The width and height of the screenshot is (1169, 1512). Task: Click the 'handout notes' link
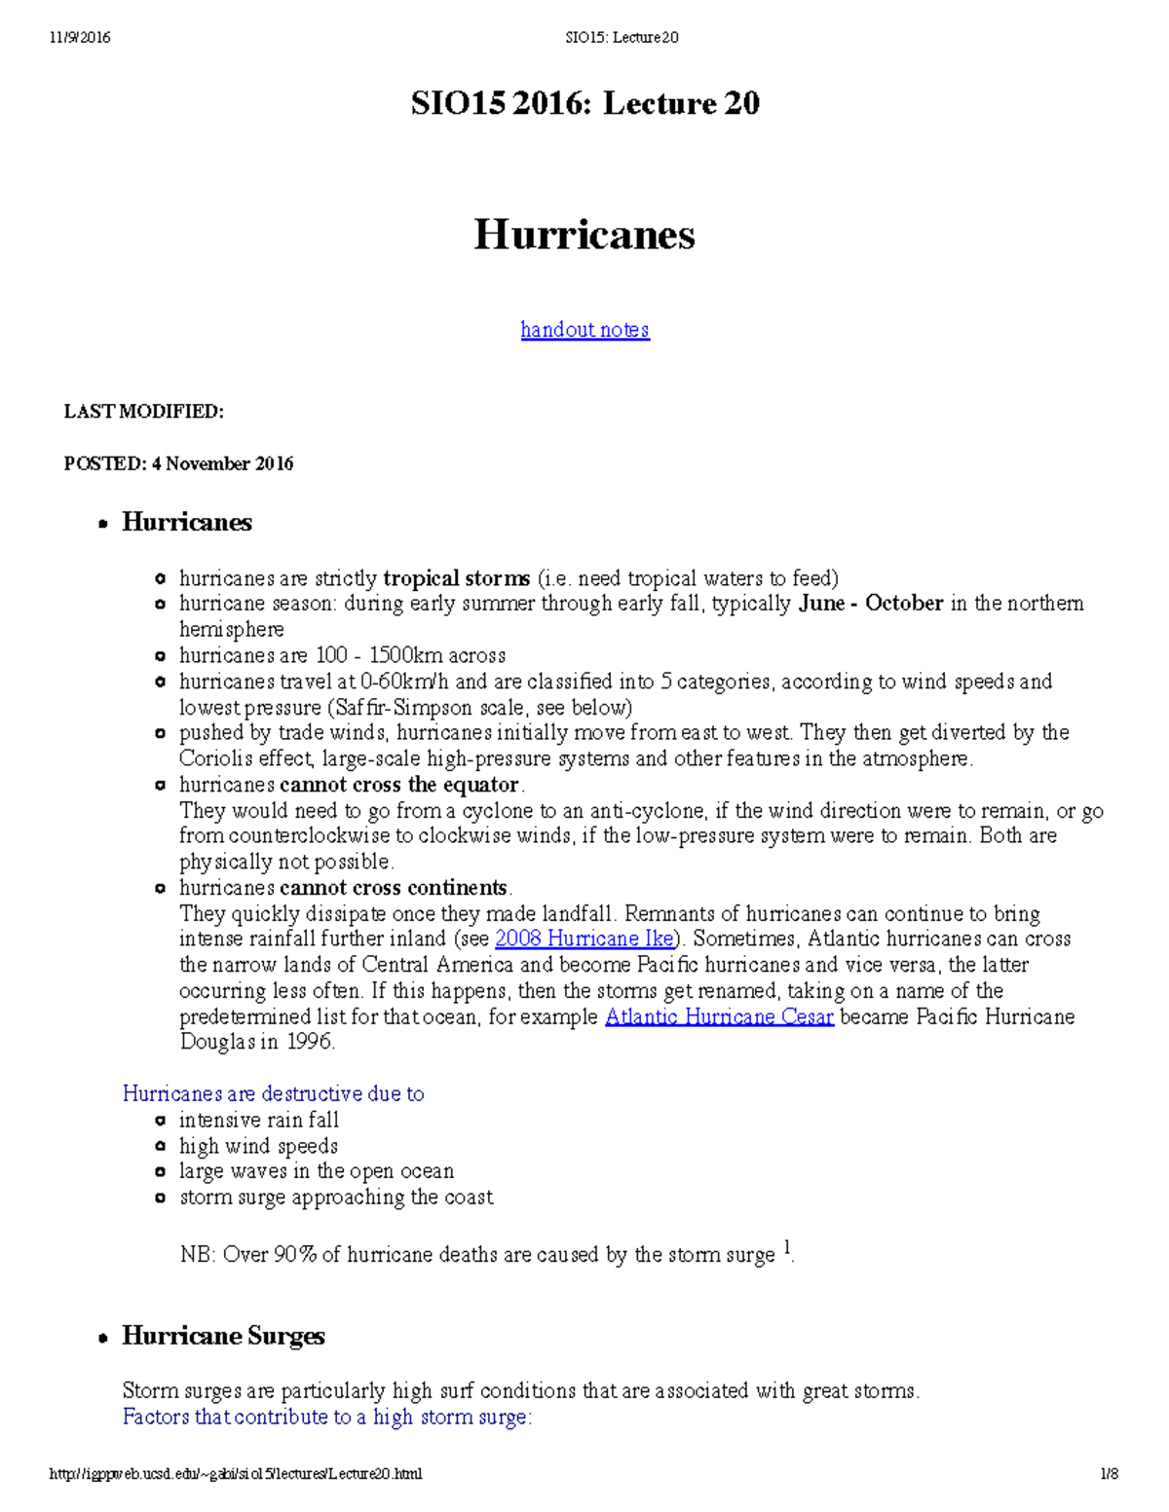pyautogui.click(x=584, y=330)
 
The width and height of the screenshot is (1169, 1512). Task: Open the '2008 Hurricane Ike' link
pyautogui.click(x=584, y=940)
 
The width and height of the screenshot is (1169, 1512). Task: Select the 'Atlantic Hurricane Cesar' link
pyautogui.click(x=719, y=1017)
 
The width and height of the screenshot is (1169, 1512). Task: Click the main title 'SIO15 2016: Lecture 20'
pyautogui.click(x=584, y=103)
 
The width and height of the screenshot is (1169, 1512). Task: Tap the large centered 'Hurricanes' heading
pyautogui.click(x=584, y=235)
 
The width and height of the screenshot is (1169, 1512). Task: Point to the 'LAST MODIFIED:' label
pyautogui.click(x=144, y=412)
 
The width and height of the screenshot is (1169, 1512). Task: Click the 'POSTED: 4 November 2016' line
pyautogui.click(x=178, y=464)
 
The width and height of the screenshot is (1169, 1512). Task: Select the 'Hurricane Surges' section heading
pyautogui.click(x=223, y=1336)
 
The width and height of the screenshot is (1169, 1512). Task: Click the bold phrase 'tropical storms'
pyautogui.click(x=456, y=578)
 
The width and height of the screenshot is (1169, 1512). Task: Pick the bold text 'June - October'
pyautogui.click(x=871, y=604)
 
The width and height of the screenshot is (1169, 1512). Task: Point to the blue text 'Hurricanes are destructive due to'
pyautogui.click(x=273, y=1094)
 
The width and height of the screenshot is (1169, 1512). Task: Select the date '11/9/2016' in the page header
pyautogui.click(x=80, y=38)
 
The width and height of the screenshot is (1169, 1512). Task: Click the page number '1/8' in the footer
pyautogui.click(x=1109, y=1474)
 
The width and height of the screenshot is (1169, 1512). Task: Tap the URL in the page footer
pyautogui.click(x=236, y=1474)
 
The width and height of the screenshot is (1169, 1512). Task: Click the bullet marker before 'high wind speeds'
pyautogui.click(x=161, y=1147)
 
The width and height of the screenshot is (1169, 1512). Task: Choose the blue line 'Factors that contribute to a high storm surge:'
pyautogui.click(x=327, y=1418)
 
